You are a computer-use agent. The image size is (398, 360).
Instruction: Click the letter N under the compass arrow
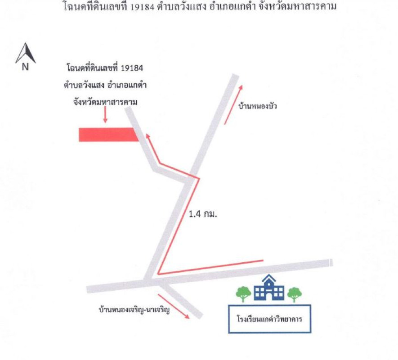[25, 67]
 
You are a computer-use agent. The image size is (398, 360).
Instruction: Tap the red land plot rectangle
[109, 135]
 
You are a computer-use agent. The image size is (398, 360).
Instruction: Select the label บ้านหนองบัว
[257, 106]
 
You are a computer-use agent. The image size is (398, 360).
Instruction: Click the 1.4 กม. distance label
[203, 214]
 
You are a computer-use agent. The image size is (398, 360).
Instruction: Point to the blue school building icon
[269, 288]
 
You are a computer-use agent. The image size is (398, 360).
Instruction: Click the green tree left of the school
[243, 294]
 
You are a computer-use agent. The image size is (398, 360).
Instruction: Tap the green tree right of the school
[295, 294]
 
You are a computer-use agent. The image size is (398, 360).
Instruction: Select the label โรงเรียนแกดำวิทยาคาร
[269, 319]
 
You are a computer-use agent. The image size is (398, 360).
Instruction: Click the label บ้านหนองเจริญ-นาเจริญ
[134, 310]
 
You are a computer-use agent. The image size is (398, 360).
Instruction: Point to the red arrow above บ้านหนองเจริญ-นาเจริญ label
[174, 306]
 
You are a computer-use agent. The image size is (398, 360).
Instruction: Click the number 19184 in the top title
[142, 7]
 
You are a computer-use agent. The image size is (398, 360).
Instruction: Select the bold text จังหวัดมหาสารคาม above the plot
[105, 102]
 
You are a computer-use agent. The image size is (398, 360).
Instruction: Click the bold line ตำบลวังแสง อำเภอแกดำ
[105, 85]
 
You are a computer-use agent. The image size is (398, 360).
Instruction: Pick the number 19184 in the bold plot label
[132, 68]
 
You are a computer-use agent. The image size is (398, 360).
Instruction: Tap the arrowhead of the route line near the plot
[148, 136]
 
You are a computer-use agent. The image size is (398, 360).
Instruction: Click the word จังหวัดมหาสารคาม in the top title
[297, 7]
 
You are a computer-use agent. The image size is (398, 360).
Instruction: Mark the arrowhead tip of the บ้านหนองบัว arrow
[241, 85]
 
